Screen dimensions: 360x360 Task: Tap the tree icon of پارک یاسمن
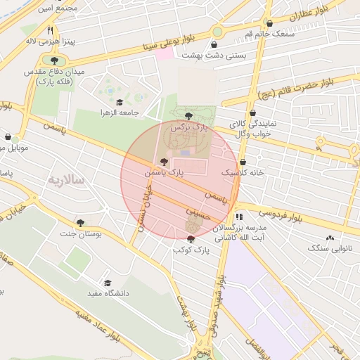[x=165, y=162]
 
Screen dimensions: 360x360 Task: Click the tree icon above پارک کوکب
[x=191, y=240]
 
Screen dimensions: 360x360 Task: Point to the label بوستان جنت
[x=82, y=233]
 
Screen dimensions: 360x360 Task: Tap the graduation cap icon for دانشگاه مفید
[x=107, y=283]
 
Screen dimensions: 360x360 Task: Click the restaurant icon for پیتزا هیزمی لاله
[x=51, y=31]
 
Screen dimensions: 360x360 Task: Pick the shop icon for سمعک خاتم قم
[x=269, y=24]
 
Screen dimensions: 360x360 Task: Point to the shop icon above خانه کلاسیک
[x=243, y=162]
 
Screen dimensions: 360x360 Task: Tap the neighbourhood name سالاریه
[x=65, y=180]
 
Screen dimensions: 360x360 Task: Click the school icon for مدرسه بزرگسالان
[x=239, y=217]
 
